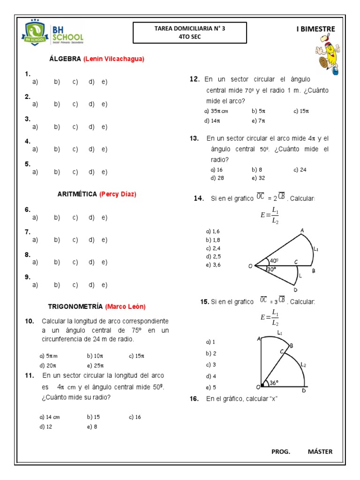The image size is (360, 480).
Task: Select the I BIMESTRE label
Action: point(315,29)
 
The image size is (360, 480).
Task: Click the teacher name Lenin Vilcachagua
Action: point(114,59)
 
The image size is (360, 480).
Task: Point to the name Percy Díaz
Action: point(118,194)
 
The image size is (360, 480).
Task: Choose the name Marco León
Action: point(125,307)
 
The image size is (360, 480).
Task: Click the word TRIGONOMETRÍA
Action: point(75,307)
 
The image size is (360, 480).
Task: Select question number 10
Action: point(29,321)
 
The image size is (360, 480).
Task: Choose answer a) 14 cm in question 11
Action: point(50,417)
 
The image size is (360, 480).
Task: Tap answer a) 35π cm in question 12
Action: point(216,111)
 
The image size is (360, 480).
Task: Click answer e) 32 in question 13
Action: point(258,178)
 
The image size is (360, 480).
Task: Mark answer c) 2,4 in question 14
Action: point(213,248)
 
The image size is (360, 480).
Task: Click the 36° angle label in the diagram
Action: point(274,383)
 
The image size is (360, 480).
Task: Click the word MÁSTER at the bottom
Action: point(320,451)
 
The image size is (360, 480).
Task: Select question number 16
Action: point(194,399)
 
